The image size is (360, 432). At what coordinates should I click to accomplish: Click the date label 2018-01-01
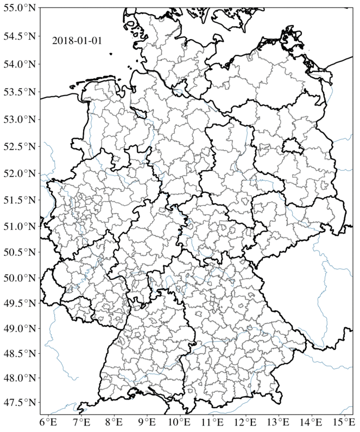point(77,40)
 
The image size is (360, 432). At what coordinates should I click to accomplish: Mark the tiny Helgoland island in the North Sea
point(110,54)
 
